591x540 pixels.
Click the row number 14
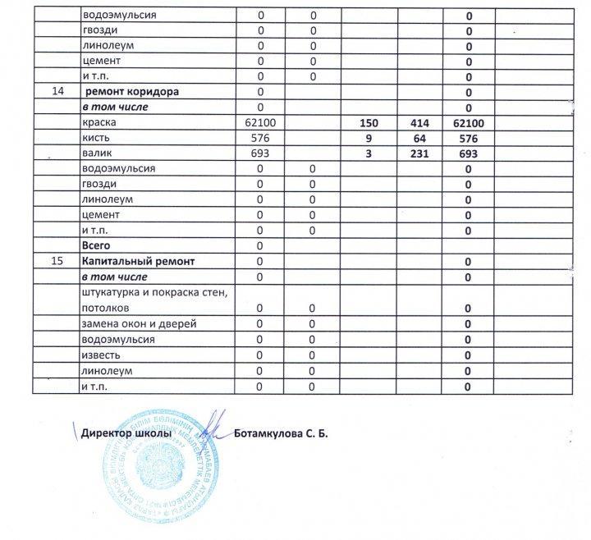coord(57,92)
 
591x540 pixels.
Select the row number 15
coord(57,261)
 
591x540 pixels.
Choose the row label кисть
coord(95,138)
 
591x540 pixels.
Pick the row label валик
coord(97,153)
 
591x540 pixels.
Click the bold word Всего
coord(96,245)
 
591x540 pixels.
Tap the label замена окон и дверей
coord(139,323)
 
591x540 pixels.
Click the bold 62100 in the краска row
coord(468,122)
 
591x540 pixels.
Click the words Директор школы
coord(126,433)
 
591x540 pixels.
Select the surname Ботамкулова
coord(277,433)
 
